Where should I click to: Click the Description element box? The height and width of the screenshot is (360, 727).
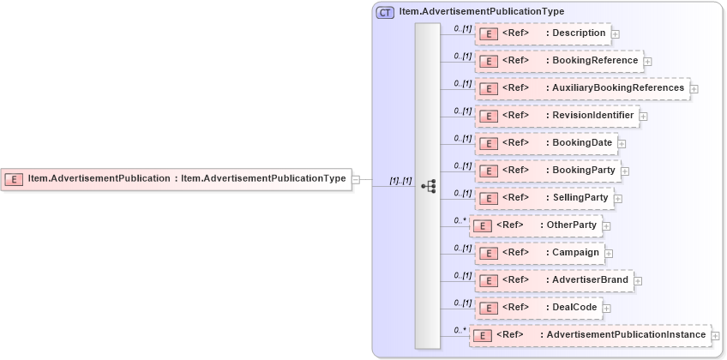tap(543, 33)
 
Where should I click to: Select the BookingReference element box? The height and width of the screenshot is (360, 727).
tap(559, 61)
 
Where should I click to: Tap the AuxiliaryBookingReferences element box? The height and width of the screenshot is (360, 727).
tap(582, 88)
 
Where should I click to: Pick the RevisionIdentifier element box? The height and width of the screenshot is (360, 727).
tap(556, 116)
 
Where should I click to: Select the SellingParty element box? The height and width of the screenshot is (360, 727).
tap(544, 198)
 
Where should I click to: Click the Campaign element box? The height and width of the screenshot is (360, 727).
tap(539, 253)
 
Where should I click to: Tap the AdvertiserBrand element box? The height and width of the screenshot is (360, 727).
tap(554, 280)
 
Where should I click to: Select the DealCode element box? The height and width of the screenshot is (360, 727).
tap(537, 308)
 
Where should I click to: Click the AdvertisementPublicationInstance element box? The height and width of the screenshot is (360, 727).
tap(590, 335)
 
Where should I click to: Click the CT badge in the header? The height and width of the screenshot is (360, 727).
tap(386, 12)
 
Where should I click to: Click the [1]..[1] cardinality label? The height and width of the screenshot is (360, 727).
tap(400, 181)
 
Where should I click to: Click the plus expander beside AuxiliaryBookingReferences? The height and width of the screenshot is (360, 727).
tap(694, 89)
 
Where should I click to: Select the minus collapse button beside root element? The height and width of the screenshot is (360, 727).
tap(356, 180)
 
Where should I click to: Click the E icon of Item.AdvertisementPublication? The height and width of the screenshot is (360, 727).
tap(14, 179)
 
